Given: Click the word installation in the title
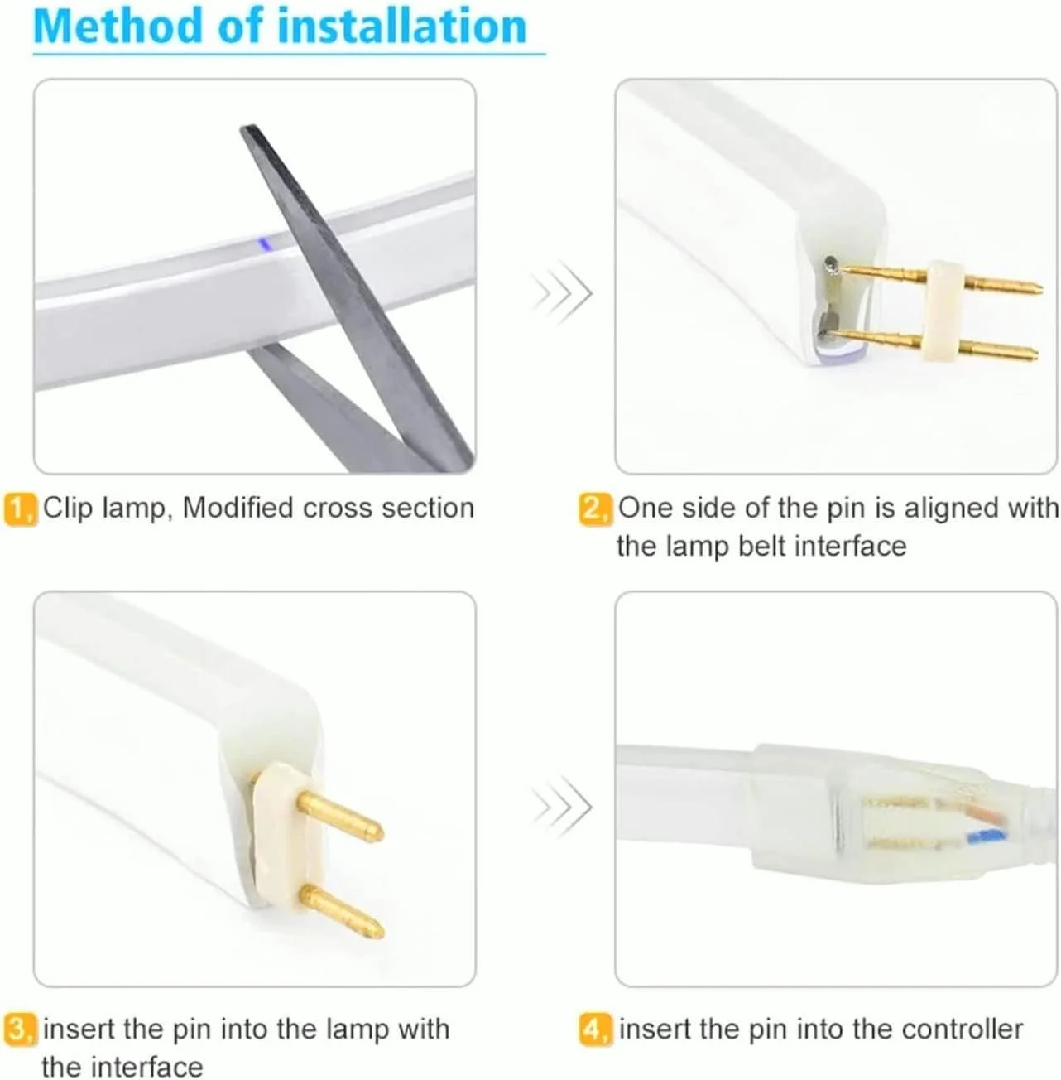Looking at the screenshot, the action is pyautogui.click(x=402, y=26).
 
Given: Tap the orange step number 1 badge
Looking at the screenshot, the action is pyautogui.click(x=21, y=509).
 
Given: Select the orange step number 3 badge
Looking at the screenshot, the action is pyautogui.click(x=21, y=1029).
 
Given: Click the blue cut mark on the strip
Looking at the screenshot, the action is pyautogui.click(x=263, y=243).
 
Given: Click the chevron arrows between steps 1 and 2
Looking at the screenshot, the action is pyautogui.click(x=561, y=292).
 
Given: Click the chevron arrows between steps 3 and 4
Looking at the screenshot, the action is pyautogui.click(x=561, y=808).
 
